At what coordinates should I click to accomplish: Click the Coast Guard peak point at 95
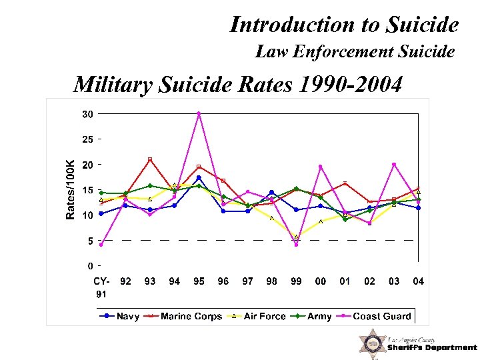pos(199,113)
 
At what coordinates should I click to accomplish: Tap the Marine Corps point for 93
pos(150,159)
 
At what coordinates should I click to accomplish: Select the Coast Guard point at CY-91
pos(101,245)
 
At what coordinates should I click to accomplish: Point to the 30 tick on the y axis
pos(87,114)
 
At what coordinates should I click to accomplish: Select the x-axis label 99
pos(296,281)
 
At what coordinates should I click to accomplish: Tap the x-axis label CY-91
pos(101,287)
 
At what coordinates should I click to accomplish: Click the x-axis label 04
pos(418,281)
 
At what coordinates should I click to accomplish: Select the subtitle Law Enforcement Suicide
pos(355,51)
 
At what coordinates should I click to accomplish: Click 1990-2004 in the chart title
pos(351,85)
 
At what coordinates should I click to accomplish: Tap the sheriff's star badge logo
pos(372,344)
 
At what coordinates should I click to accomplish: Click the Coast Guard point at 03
pos(394,165)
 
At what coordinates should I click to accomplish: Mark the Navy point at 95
pos(199,178)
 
